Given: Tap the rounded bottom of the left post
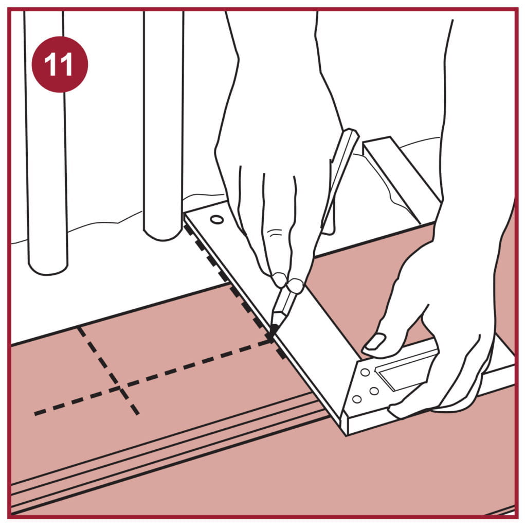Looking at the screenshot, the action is tap(48, 269).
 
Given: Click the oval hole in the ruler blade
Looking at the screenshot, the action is tap(216, 220).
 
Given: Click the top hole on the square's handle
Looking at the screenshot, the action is tap(365, 373).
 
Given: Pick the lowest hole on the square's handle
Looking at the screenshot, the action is tap(357, 399).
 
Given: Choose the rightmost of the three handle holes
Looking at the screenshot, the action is tap(374, 391).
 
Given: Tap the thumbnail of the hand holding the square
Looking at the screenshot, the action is tap(375, 341).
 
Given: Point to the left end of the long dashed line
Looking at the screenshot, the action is tap(35, 413).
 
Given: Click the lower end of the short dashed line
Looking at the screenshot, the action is tap(137, 413).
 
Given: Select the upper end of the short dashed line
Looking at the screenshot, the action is tap(79, 328).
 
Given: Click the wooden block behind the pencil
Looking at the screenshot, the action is tap(399, 178).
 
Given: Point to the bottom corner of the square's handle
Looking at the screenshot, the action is tap(346, 435).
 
